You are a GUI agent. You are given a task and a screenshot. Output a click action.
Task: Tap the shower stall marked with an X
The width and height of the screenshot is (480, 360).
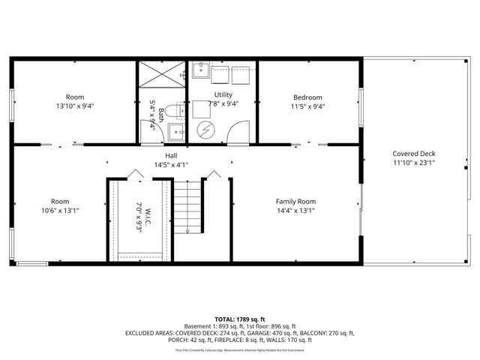coord(160,75)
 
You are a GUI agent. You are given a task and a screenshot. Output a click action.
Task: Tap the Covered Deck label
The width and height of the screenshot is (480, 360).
coord(413,154)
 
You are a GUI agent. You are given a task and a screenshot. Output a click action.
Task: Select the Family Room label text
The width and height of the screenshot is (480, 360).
coord(295,201)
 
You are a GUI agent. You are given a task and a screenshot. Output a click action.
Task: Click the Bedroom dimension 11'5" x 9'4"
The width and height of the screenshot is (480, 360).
coord(307,106)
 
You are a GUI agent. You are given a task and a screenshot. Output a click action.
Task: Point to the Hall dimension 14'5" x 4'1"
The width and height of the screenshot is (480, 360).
coord(171,164)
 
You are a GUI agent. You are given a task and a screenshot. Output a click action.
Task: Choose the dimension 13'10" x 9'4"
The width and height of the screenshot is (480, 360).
coord(75,106)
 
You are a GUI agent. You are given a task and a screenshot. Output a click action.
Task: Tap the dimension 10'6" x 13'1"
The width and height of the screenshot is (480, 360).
coord(60,211)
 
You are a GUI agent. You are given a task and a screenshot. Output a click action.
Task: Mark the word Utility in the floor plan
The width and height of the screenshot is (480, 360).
coord(223,94)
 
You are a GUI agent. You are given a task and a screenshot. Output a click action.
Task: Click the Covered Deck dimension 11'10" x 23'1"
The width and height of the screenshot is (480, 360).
coord(413,163)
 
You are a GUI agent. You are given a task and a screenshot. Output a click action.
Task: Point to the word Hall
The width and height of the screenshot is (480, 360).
coord(171,155)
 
